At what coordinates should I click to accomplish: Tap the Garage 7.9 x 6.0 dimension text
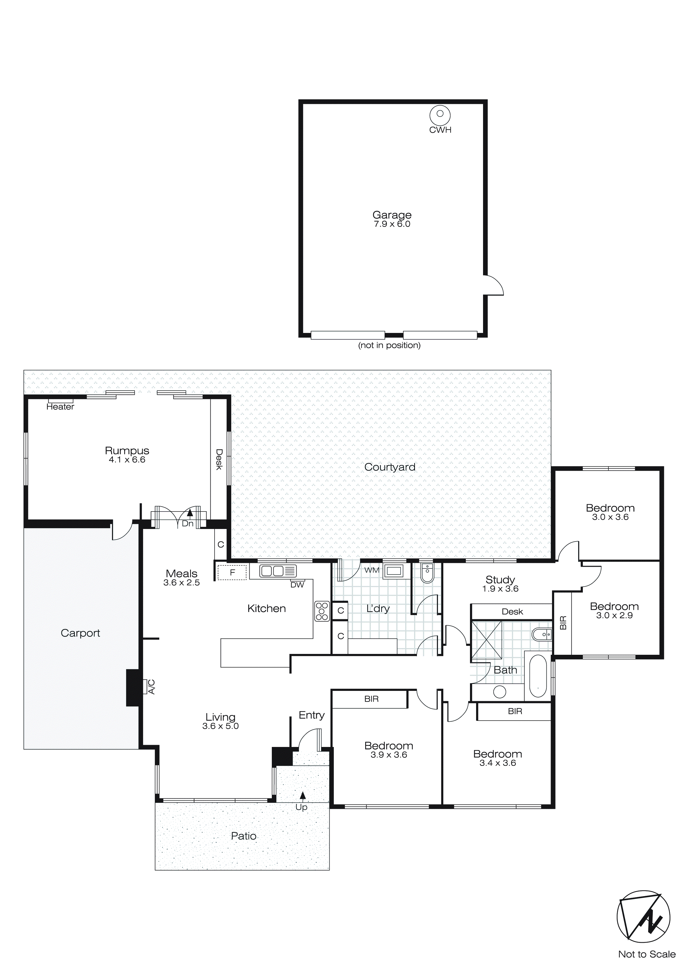click(x=392, y=224)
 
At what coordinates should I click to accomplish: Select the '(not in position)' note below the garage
click(x=389, y=345)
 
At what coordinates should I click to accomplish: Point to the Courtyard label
click(x=389, y=467)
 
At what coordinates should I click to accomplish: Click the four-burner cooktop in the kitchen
click(x=322, y=611)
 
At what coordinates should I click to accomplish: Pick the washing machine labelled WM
click(x=394, y=571)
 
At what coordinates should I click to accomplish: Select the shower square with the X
click(x=486, y=640)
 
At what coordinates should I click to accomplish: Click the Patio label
click(x=243, y=836)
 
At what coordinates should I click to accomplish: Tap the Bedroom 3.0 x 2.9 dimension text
click(x=614, y=616)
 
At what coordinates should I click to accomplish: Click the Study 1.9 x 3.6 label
click(x=500, y=584)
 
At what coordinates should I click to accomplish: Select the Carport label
click(x=80, y=633)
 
